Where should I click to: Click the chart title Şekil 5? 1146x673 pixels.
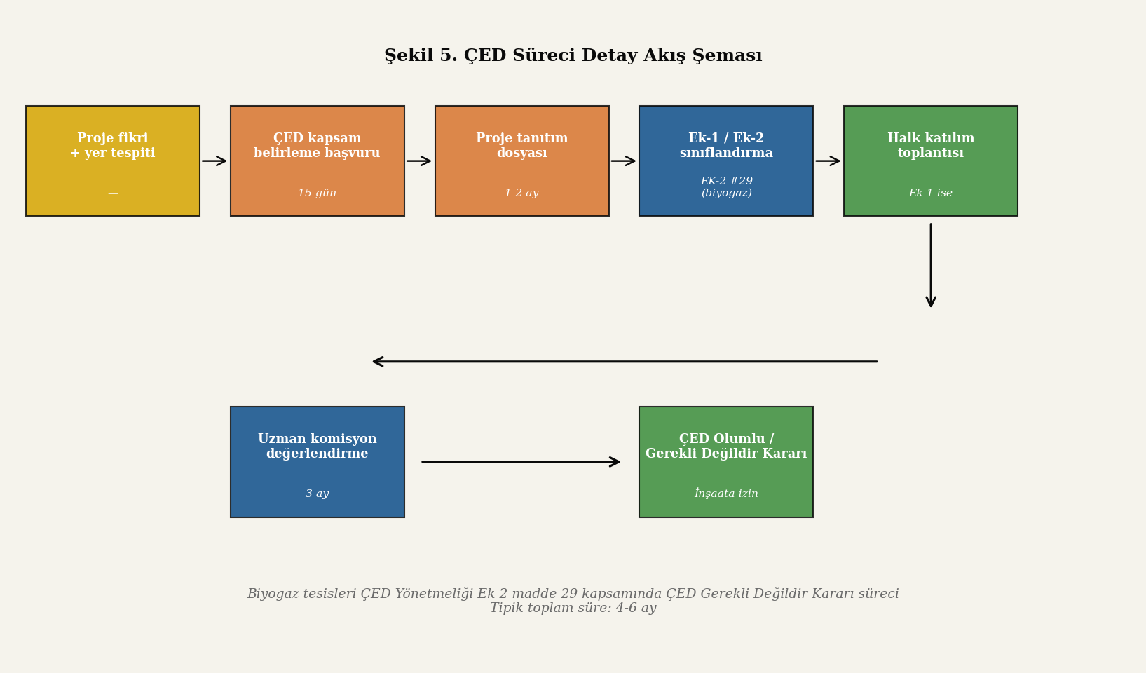point(421,55)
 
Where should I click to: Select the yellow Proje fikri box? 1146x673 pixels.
point(113,161)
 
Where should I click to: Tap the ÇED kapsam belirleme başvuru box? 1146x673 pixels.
point(318,161)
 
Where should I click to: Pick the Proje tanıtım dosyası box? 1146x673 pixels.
point(522,161)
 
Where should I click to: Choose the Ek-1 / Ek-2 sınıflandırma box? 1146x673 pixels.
point(726,161)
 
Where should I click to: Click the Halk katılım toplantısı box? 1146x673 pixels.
point(931,161)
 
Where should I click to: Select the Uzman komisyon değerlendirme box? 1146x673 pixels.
point(318,461)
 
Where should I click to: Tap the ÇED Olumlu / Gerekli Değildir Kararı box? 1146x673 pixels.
point(726,461)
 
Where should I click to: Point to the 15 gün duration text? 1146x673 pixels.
point(318,193)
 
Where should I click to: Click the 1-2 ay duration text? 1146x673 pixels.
point(522,193)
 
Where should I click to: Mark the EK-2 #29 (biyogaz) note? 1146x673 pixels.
point(726,186)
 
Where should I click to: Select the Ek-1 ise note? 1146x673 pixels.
point(931,193)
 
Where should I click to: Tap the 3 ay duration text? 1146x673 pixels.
point(318,494)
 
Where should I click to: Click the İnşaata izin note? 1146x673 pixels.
point(726,494)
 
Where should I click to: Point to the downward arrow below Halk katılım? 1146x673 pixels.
point(931,265)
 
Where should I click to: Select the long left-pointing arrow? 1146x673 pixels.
point(625,362)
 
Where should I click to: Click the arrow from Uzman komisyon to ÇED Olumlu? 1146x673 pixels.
point(521,461)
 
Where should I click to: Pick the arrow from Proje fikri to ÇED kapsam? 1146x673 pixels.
point(214,161)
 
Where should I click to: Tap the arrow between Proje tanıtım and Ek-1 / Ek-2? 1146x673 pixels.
point(623,161)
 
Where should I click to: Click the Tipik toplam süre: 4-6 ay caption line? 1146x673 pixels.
point(573,608)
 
